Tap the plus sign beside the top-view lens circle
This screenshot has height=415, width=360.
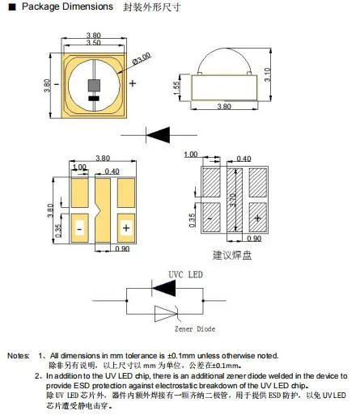click(x=132, y=83)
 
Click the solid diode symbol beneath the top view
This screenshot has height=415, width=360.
click(x=163, y=133)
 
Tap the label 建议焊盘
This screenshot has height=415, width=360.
click(x=232, y=256)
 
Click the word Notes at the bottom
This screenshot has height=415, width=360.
click(x=18, y=356)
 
